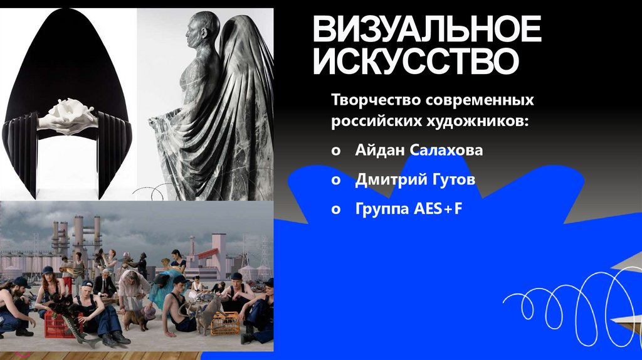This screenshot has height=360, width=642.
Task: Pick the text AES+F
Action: coord(438,209)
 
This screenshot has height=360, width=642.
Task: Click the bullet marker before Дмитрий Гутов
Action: coord(337,181)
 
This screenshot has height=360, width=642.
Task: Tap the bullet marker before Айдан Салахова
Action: coord(337,151)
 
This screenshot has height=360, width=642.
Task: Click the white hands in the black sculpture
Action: coord(68,115)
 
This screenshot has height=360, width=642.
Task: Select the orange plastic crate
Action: coord(224,322)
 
